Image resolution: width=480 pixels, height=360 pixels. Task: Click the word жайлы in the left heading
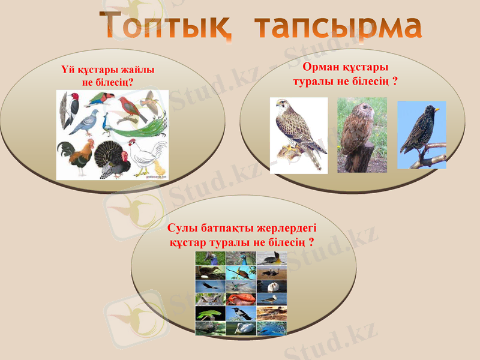(x=134, y=70)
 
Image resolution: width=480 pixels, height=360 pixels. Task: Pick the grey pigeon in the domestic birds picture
(x=84, y=123)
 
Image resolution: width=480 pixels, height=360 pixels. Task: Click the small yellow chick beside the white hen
(x=159, y=167)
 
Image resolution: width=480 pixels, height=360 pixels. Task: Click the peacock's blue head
(x=106, y=115)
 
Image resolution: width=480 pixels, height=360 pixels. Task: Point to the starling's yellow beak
(x=437, y=110)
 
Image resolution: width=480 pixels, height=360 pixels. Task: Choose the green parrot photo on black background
(x=210, y=313)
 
